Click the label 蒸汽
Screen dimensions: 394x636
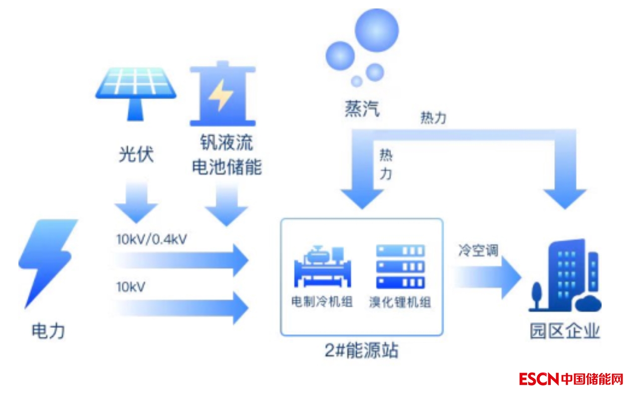[x=362, y=108]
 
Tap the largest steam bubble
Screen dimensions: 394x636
[x=378, y=30]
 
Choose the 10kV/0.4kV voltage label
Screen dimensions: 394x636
[x=152, y=240]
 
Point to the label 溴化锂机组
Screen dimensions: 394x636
[x=400, y=302]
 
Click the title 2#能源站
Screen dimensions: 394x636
[x=362, y=351]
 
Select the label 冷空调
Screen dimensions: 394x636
[x=478, y=251]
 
